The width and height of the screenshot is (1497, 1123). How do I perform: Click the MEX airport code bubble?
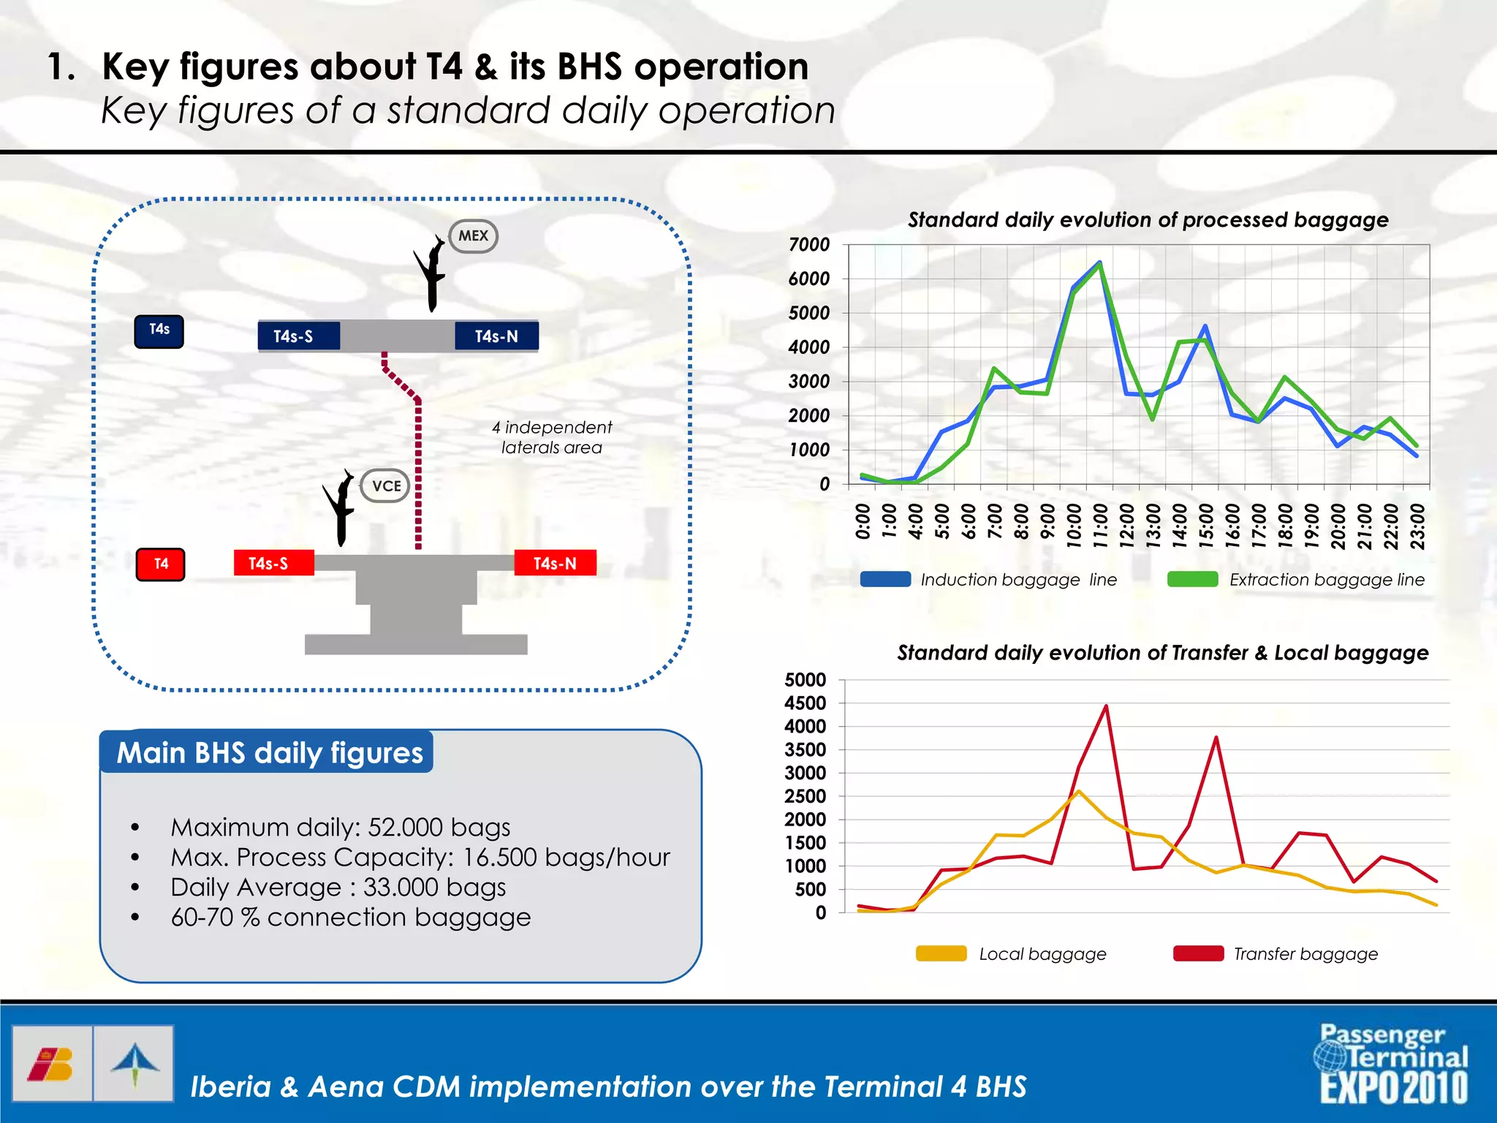(x=473, y=236)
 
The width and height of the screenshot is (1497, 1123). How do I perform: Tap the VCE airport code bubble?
(x=385, y=486)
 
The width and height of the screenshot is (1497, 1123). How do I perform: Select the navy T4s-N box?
(x=496, y=336)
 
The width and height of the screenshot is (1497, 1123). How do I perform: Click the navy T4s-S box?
(x=298, y=336)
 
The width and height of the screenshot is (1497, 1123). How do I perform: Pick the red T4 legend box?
(x=161, y=564)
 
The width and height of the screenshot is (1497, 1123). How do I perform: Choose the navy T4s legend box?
(x=159, y=330)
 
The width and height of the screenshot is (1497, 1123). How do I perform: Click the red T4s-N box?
(x=555, y=563)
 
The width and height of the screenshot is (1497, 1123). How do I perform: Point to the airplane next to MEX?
(x=432, y=274)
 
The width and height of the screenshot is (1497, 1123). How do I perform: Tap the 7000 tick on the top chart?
(x=808, y=245)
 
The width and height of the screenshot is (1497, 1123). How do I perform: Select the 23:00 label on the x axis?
(x=1417, y=525)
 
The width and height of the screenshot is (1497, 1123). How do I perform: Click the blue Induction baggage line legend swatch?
(x=885, y=580)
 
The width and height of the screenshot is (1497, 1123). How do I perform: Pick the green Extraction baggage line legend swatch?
(x=1192, y=580)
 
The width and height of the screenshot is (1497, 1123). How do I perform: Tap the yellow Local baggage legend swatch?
(x=941, y=953)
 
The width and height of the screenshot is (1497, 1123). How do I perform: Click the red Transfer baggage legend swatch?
(x=1198, y=953)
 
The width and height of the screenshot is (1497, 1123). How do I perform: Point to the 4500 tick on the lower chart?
(x=805, y=703)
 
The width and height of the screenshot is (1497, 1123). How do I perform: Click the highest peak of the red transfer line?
(x=1106, y=706)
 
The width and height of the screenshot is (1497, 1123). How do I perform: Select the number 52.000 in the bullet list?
(x=406, y=827)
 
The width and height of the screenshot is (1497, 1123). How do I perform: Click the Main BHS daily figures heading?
(x=270, y=752)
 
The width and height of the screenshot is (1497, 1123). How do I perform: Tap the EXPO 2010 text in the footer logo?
(x=1393, y=1088)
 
